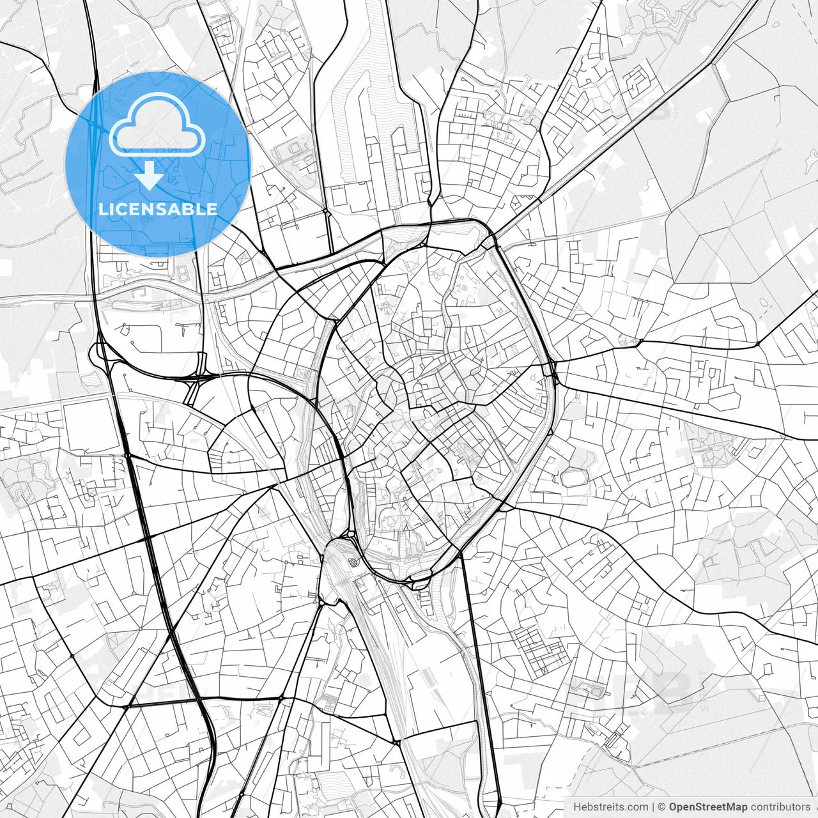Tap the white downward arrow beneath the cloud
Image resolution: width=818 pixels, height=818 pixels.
[x=150, y=175]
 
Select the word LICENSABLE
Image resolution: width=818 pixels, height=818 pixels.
[x=158, y=209]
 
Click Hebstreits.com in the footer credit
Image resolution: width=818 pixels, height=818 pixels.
[x=610, y=807]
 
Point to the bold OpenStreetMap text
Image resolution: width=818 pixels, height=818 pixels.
[x=707, y=807]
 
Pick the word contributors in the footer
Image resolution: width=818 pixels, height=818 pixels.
[x=780, y=807]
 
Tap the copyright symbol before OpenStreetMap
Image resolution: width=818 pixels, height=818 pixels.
[x=663, y=807]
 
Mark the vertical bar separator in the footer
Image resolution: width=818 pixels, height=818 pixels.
[x=654, y=807]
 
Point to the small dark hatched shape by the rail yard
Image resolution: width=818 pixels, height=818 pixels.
[x=353, y=562]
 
